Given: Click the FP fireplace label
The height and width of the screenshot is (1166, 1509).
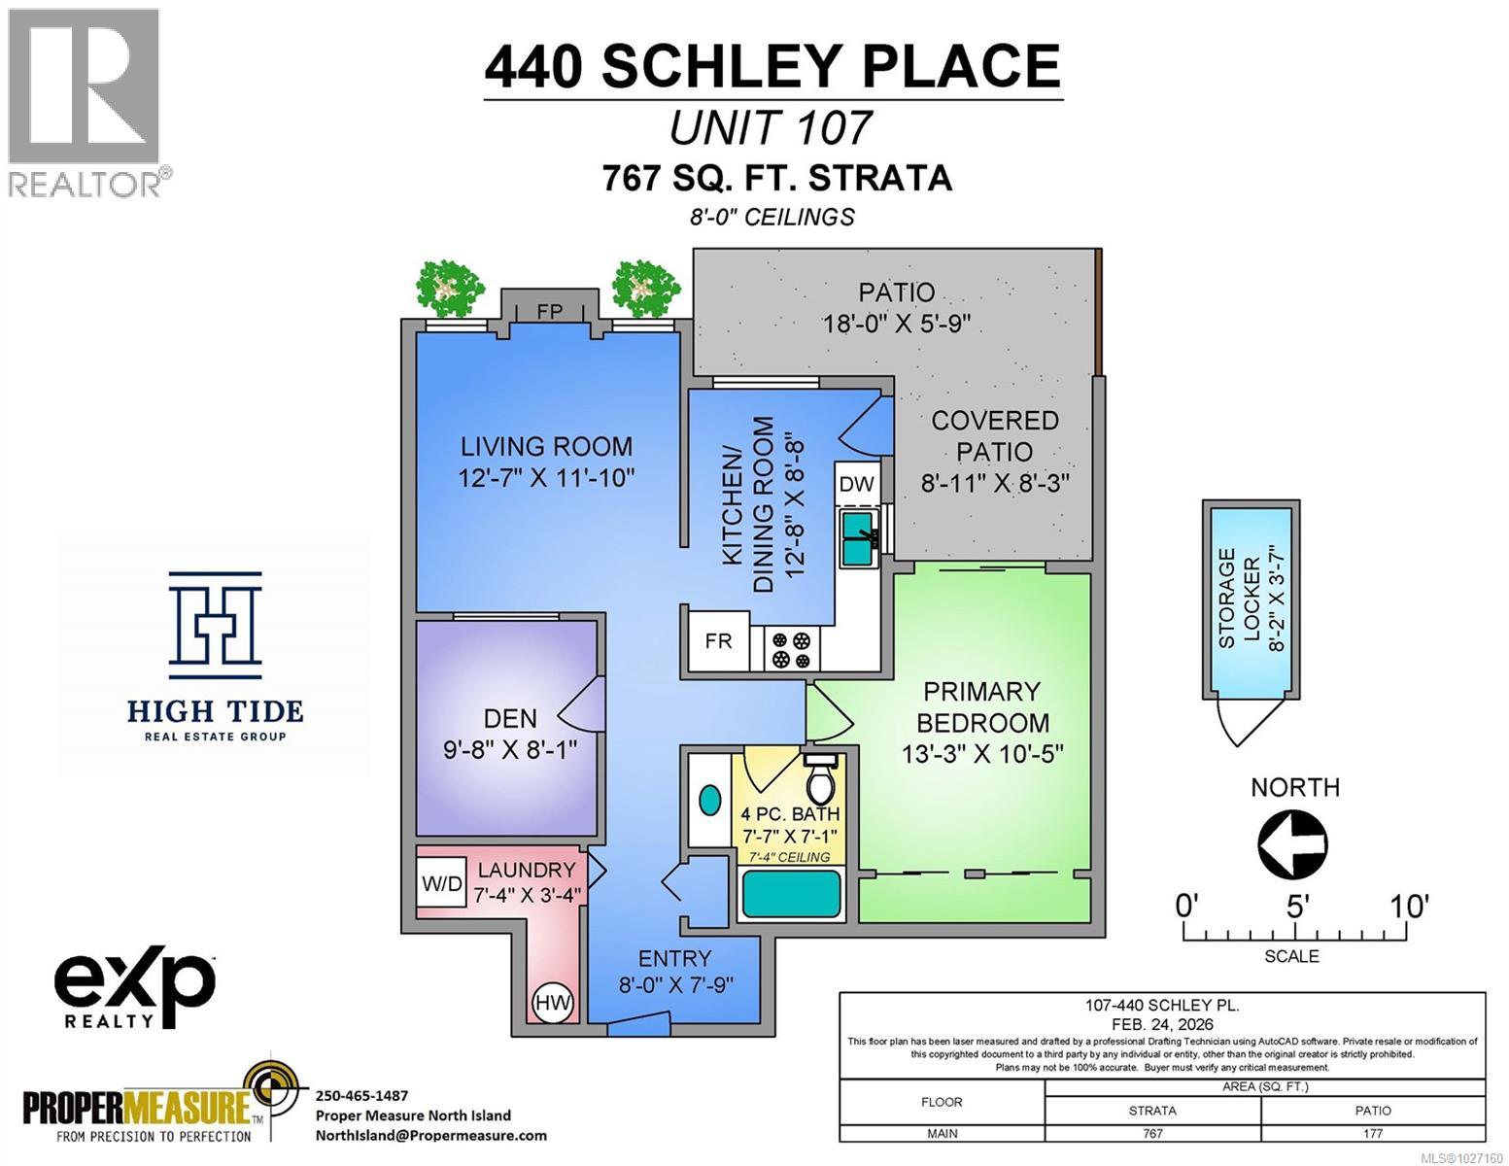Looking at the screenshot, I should [x=549, y=311].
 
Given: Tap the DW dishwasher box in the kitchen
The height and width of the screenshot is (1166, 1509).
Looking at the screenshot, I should [x=856, y=484].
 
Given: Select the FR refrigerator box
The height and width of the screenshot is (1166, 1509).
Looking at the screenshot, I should [x=718, y=641].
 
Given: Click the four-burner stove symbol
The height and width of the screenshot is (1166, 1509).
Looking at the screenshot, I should [x=791, y=650].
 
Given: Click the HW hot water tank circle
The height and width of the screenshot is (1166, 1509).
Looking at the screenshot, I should [x=553, y=1002].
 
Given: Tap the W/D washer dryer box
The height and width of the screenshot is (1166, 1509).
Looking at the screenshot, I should [x=441, y=884].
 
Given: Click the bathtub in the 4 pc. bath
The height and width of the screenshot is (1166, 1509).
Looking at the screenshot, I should [x=791, y=895].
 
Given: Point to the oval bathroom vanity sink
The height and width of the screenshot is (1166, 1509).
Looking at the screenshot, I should [x=710, y=802].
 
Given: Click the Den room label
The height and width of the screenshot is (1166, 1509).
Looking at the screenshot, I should [x=510, y=718].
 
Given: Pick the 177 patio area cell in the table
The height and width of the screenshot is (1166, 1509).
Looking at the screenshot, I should [x=1372, y=1133].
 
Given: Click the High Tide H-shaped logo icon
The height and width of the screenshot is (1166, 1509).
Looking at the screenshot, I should [x=215, y=625].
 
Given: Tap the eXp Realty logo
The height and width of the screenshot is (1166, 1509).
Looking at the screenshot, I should [x=134, y=989].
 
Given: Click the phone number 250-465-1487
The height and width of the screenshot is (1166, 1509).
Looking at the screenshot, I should [x=362, y=1095].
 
